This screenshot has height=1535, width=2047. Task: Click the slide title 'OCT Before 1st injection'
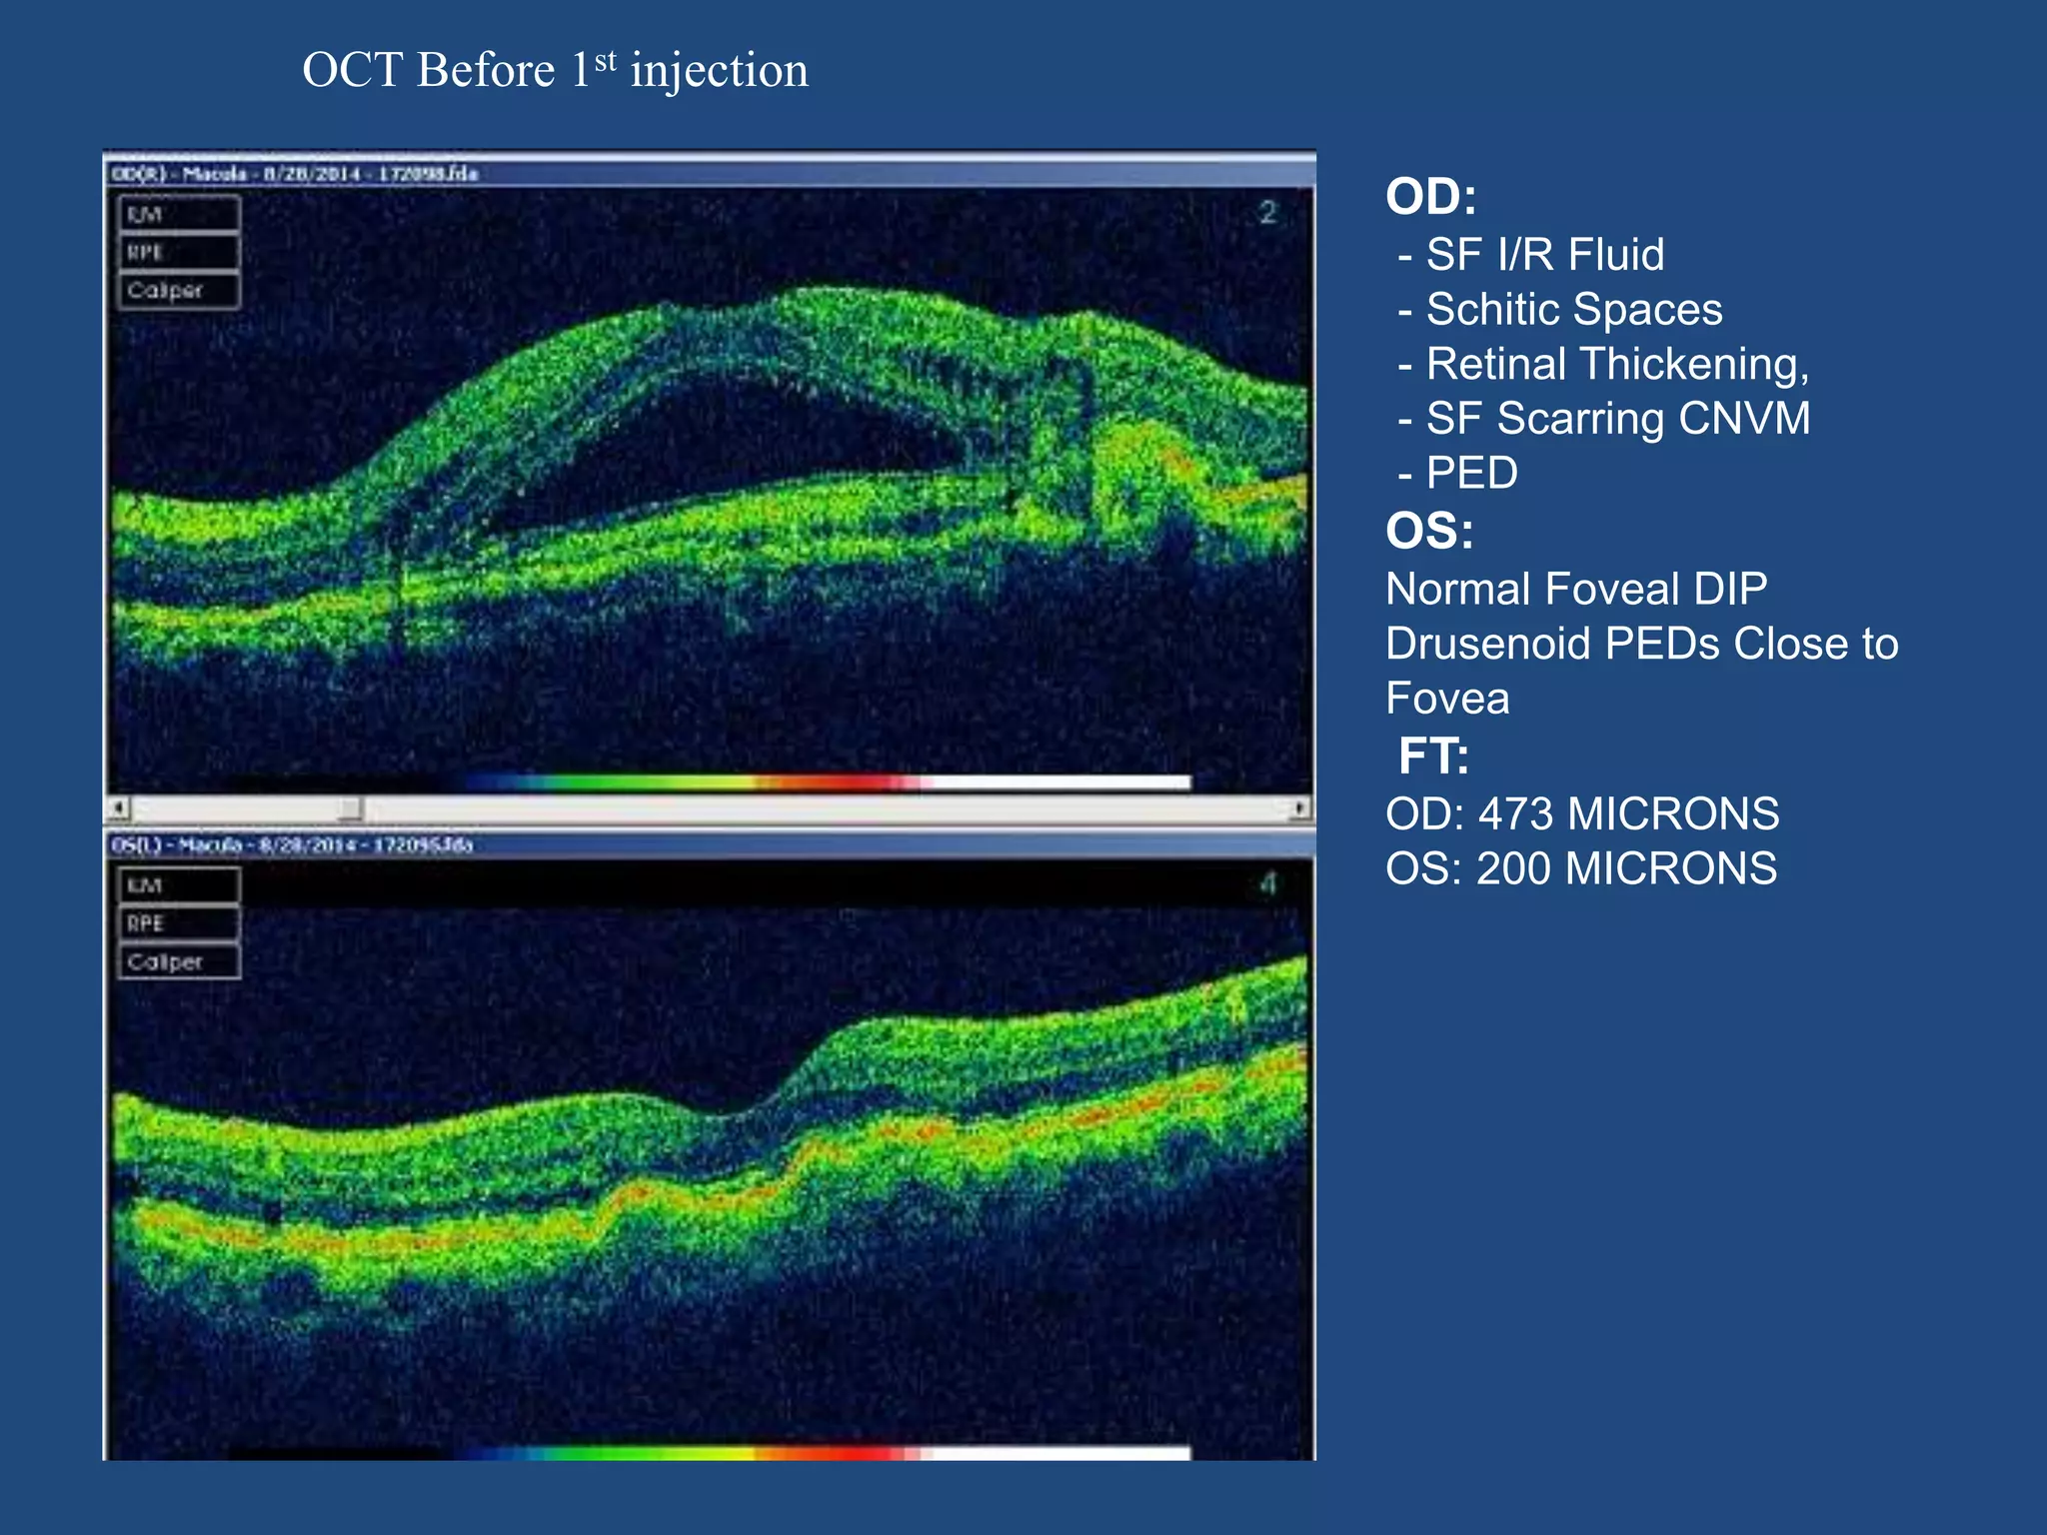click(x=555, y=71)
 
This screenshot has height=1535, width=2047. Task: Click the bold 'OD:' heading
click(x=1430, y=197)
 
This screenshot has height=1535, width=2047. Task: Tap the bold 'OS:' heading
click(x=1428, y=531)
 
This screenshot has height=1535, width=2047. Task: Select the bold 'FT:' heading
click(x=1433, y=756)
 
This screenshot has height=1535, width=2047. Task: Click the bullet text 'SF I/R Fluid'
click(x=1544, y=255)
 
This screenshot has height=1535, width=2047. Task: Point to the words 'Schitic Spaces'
click(x=1573, y=310)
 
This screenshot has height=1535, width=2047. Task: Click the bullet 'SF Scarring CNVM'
click(x=1617, y=419)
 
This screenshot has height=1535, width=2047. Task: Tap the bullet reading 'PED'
click(x=1471, y=473)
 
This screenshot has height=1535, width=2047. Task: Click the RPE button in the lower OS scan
click(x=179, y=923)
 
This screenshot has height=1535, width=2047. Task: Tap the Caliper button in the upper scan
click(x=179, y=291)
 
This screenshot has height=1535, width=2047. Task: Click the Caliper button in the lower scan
click(x=179, y=961)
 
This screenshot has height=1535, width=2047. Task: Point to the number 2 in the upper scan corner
click(x=1267, y=213)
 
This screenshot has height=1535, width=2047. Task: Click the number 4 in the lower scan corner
click(x=1267, y=883)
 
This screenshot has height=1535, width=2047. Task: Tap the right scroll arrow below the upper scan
click(x=1300, y=807)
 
